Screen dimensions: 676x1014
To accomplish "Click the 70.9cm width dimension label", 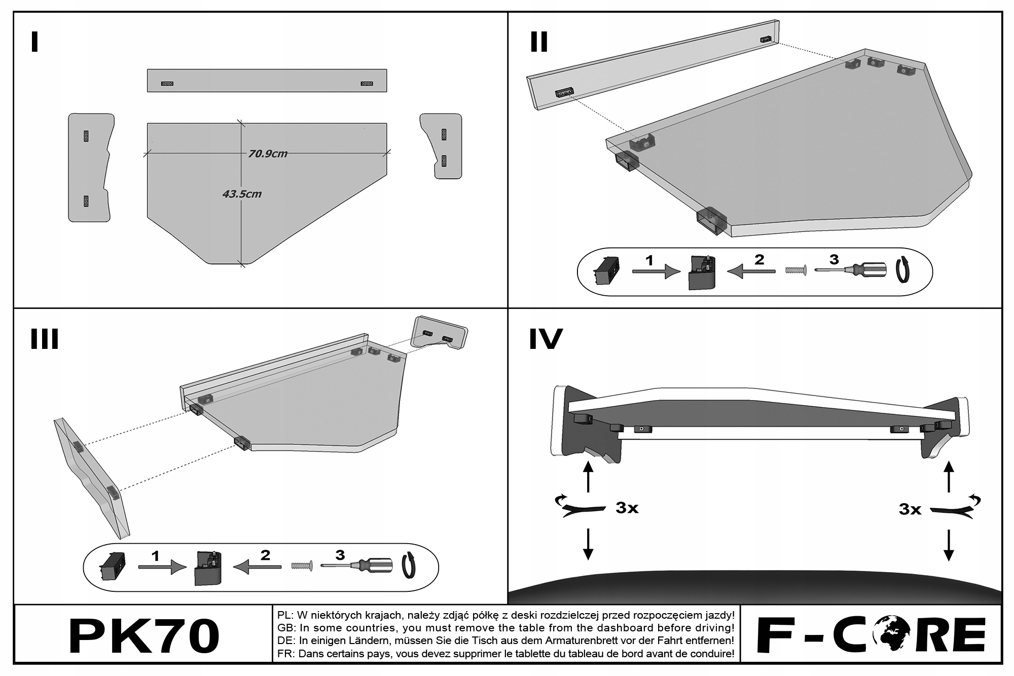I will (267, 154).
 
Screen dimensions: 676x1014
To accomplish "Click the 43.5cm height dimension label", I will (241, 194).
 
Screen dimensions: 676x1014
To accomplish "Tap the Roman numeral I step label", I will (34, 42).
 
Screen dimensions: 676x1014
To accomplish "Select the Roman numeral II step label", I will (538, 42).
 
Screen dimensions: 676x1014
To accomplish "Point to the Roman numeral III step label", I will (45, 339).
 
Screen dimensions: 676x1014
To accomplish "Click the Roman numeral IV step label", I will (546, 339).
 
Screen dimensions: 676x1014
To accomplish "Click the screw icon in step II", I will (795, 270).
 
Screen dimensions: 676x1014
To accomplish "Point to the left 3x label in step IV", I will (627, 508).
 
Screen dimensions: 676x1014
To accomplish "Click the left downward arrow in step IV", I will (588, 544).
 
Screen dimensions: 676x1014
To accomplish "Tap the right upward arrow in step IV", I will (948, 476).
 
